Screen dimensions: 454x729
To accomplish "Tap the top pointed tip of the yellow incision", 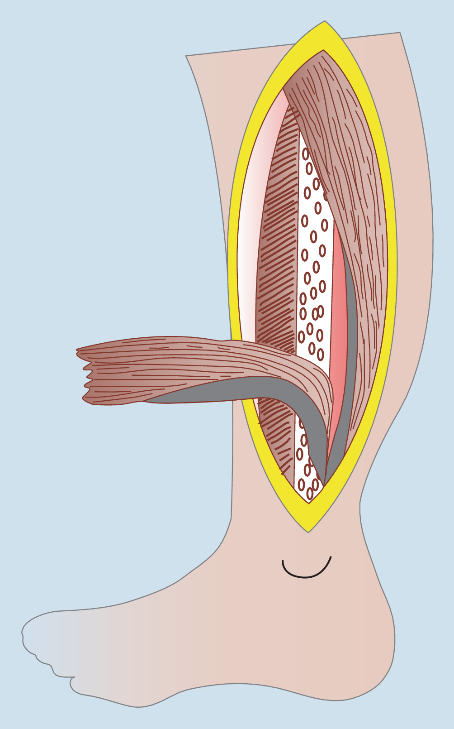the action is point(325,23).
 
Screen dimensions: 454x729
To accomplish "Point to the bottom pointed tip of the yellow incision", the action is point(308,531).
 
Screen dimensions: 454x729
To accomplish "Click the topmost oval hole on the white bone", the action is point(306,154).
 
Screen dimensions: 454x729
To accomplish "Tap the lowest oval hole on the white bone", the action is point(310,494).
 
